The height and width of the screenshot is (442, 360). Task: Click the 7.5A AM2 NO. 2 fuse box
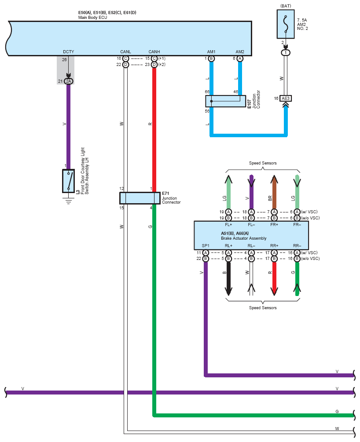tap(286, 24)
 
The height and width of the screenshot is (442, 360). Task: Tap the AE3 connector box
tap(286, 99)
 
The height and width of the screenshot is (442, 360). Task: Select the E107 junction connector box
tap(225, 101)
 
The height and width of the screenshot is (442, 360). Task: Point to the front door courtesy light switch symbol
tap(68, 181)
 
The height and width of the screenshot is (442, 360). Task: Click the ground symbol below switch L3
tap(68, 201)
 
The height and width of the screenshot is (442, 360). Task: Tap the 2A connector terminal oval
tap(68, 81)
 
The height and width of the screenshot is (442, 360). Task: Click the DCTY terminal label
tap(68, 51)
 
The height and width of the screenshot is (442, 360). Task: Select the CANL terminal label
tap(125, 51)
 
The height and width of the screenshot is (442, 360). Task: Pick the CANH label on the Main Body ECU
tap(154, 51)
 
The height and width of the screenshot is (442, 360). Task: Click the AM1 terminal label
tap(211, 51)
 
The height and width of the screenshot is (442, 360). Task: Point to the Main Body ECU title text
tap(92, 18)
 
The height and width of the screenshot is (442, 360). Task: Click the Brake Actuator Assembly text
tap(243, 238)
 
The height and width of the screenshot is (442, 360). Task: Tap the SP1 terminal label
tap(206, 245)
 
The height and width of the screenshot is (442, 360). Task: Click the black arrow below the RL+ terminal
tap(228, 279)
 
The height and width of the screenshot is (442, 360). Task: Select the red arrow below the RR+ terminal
tap(274, 279)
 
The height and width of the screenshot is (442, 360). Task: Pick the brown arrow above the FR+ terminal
tap(274, 192)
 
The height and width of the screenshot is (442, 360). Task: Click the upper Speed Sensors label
tap(263, 163)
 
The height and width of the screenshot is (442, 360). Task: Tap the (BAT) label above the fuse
tap(286, 6)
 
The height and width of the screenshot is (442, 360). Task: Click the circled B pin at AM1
tap(211, 58)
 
